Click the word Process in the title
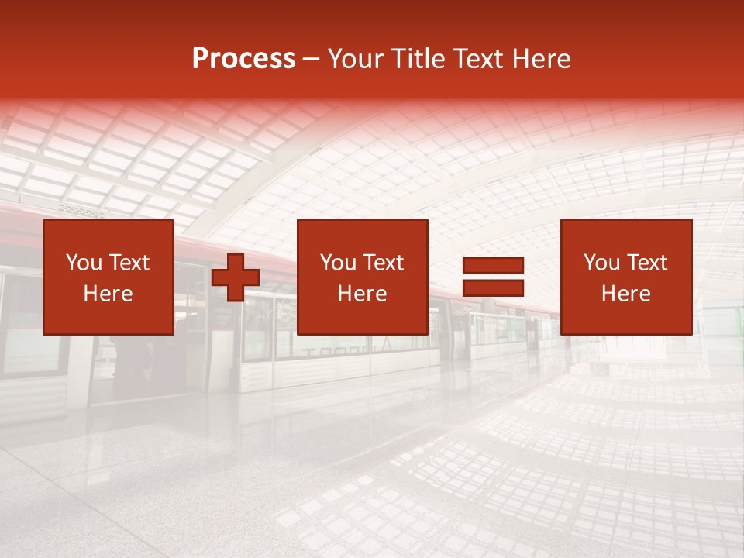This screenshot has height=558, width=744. coord(243,59)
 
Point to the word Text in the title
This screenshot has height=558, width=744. coord(475,59)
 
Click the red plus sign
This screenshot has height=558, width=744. coord(236,277)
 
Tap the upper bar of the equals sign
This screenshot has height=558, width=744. coord(493,266)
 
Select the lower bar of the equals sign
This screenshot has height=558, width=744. coord(493,288)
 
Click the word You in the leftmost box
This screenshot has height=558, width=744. coord(84,263)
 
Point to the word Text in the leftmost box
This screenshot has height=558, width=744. coord(129,263)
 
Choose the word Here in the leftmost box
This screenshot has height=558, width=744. coord(108,294)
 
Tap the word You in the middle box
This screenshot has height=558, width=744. coord(338,263)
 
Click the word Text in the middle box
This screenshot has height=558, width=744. coord(383,263)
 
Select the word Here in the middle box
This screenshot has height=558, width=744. coord(362,294)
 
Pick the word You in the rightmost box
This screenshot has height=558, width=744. coord(601,263)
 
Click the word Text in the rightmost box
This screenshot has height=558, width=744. coord(646,263)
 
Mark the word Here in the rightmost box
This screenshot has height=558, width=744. coord(625,294)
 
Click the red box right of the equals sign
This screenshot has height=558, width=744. coord(626,318)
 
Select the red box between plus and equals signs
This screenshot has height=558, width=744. coord(363,318)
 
